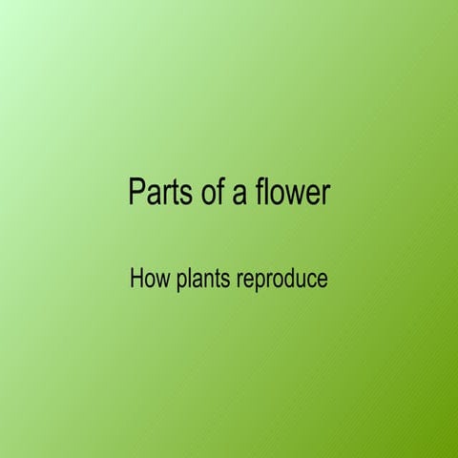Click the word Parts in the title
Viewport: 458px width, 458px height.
coord(156,193)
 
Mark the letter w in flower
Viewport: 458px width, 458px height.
coord(295,194)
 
